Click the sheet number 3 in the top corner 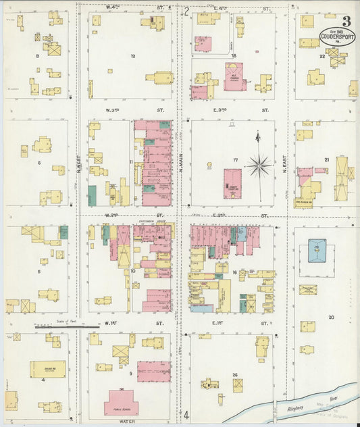click(x=346, y=21)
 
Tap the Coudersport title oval click(x=337, y=35)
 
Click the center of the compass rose click(x=259, y=164)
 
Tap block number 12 click(x=133, y=55)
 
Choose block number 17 click(x=236, y=159)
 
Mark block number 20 click(x=331, y=316)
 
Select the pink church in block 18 click(x=234, y=76)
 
